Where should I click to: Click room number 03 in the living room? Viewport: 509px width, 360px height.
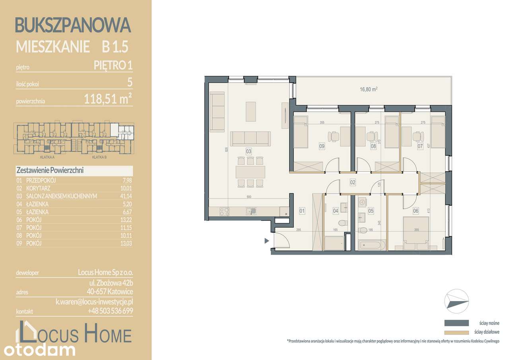pos(249,152)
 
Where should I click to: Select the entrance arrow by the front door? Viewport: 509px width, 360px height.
pos(266,240)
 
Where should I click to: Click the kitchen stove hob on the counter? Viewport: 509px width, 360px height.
pos(224,211)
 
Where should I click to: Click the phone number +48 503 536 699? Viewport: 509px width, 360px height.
pos(111,311)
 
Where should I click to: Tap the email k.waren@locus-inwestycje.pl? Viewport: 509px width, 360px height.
pos(94,302)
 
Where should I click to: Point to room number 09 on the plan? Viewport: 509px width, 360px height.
pos(322,146)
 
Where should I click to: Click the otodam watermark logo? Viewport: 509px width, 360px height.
pos(39,350)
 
